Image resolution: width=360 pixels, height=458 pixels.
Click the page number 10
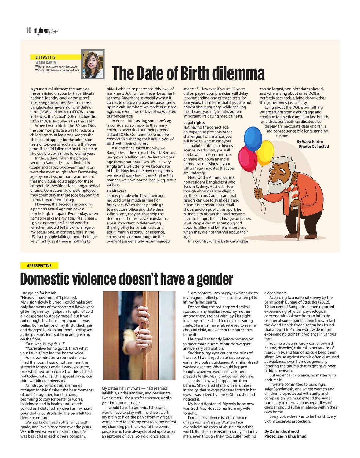tap(29, 30)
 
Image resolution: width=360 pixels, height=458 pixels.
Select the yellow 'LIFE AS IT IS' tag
tap(46, 57)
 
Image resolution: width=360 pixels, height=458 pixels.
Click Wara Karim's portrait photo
tap(93, 64)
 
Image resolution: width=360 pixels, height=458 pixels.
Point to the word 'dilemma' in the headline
tap(237, 73)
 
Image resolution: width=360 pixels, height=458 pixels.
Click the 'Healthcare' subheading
tap(117, 191)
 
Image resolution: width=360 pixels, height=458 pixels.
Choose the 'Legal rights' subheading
tap(194, 123)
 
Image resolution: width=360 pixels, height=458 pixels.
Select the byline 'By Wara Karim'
tap(310, 142)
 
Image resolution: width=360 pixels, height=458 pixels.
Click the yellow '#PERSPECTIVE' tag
tap(39, 266)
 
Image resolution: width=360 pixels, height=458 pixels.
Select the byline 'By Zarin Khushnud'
tap(282, 431)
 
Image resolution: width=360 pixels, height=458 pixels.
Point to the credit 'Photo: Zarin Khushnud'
tap(285, 436)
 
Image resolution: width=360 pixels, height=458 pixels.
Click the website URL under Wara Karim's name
tap(57, 70)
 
